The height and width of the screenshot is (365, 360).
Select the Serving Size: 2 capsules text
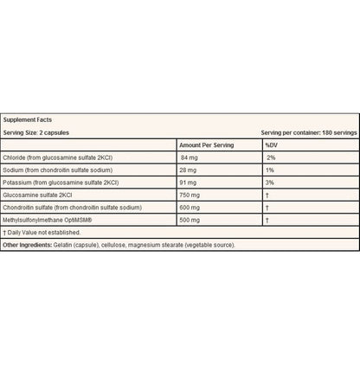[37, 132]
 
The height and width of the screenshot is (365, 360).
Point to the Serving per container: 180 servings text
[309, 132]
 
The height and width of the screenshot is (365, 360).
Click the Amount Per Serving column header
[208, 145]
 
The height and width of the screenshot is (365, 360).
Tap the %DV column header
[273, 145]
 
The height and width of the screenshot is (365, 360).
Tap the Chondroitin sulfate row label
[70, 208]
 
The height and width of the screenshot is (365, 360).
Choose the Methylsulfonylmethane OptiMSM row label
[48, 221]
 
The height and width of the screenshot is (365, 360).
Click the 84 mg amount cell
[190, 158]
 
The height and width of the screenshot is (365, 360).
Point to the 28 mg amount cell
[189, 170]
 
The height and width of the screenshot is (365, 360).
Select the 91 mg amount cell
[189, 183]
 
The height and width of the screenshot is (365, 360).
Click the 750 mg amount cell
[190, 195]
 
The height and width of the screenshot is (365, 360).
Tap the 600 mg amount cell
[190, 208]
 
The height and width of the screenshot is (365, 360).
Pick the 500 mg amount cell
[190, 221]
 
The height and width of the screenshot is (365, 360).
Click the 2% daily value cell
[270, 158]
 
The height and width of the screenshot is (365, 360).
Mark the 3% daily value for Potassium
[270, 183]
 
